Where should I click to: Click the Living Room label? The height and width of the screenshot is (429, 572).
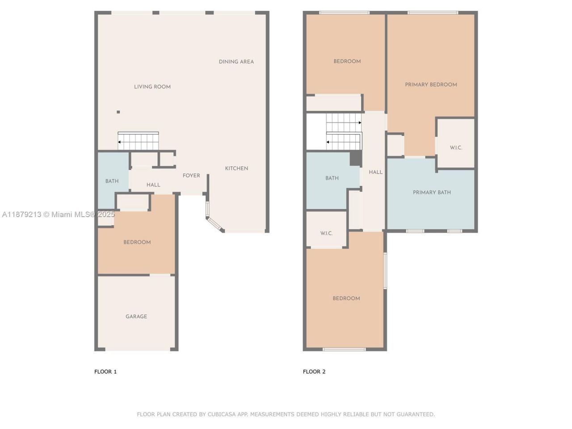152,87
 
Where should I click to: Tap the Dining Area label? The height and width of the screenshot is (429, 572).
236,62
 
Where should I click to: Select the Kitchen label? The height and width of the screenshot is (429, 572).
236,168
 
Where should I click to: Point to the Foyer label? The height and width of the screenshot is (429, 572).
191,176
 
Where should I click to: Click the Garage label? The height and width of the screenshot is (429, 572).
136,316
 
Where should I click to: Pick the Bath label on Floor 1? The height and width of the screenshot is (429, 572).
112,181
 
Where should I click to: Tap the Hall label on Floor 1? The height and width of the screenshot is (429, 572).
153,185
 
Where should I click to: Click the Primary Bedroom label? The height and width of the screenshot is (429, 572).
431,84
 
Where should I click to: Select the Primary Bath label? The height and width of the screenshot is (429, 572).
432,193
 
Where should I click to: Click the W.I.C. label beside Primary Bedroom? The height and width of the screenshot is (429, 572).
456,147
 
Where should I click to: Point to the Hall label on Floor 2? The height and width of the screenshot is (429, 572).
375,172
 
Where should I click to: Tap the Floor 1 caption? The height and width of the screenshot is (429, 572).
105,372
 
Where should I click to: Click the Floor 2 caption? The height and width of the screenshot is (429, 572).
314,372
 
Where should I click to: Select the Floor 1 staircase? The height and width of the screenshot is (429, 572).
138,141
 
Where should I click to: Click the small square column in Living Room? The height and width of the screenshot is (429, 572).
118,112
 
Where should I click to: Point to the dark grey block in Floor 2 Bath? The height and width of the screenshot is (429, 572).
356,158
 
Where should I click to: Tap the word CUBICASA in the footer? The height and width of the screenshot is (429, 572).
222,414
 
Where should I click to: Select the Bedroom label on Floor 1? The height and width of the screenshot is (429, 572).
137,242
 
